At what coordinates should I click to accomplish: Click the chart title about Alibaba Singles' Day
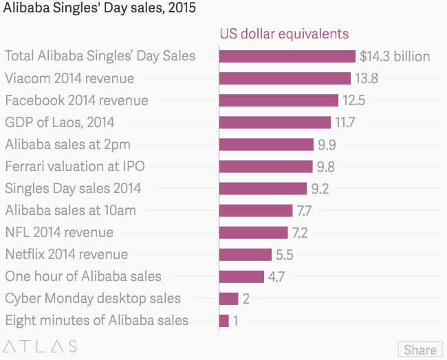click(100, 9)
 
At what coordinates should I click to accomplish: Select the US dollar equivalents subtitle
click(284, 34)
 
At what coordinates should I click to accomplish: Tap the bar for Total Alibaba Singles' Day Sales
click(287, 56)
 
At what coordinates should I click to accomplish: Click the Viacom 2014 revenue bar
click(285, 78)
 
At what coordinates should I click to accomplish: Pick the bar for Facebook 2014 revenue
click(279, 100)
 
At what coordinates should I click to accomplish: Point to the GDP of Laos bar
click(275, 122)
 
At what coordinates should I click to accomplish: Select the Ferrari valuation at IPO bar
click(265, 166)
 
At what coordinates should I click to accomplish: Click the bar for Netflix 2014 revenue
click(246, 254)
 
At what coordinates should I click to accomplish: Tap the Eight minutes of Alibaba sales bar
click(224, 320)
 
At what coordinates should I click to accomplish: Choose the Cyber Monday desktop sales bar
click(229, 298)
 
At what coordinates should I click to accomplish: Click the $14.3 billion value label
click(395, 56)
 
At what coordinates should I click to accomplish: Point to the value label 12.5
click(353, 100)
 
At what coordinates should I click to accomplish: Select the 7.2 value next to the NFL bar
click(303, 232)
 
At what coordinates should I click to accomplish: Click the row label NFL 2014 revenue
click(59, 232)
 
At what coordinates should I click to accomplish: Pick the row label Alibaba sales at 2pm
click(67, 144)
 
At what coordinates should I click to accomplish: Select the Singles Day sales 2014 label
click(73, 188)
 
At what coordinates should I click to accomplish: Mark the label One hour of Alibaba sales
click(83, 276)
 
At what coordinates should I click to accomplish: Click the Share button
click(419, 349)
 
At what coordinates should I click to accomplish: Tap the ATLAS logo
click(40, 346)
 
